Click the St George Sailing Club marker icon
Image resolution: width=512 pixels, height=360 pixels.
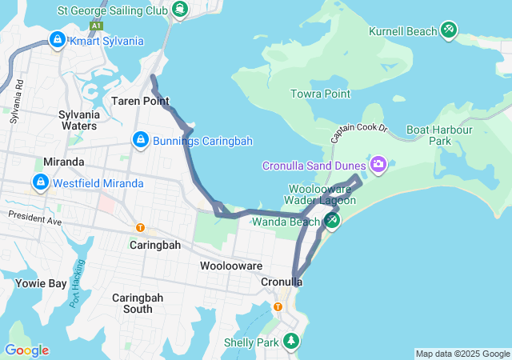pos(181,10)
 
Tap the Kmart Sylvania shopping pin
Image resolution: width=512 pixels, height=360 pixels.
pos(58,39)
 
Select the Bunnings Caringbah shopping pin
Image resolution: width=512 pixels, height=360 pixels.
pos(141,140)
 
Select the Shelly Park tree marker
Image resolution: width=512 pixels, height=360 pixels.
pos(292,342)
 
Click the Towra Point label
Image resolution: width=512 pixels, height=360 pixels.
pos(321,94)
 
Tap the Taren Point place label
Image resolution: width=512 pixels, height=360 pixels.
pos(140,101)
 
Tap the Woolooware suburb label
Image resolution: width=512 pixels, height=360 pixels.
pos(231,266)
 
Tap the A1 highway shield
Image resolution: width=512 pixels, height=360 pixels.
pos(96,26)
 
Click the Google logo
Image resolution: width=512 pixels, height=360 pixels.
pos(26,350)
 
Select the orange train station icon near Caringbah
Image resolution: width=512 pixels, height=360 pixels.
pos(141,228)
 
